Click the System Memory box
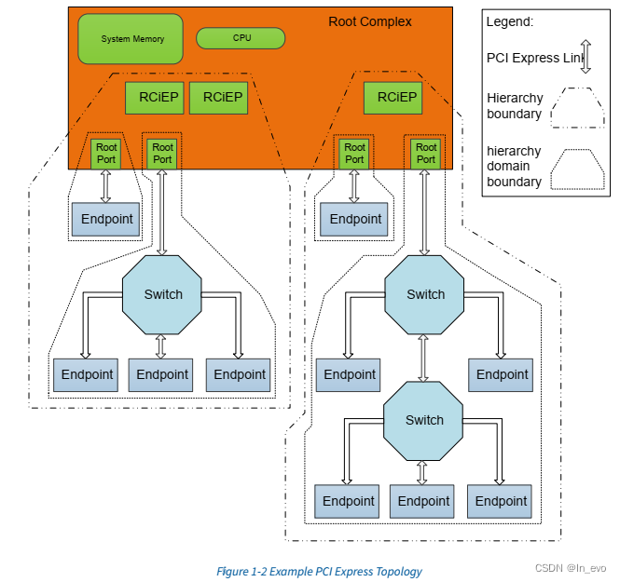point(131,39)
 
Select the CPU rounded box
point(241,38)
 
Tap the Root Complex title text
point(370,21)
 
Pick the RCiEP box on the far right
point(393,98)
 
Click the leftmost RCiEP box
point(155,98)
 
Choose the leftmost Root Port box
point(105,154)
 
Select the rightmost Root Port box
point(425,154)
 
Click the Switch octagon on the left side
point(162,294)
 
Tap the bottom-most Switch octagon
point(423,421)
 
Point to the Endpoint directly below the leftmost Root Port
point(105,220)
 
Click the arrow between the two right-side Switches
point(423,359)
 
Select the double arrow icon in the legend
point(586,57)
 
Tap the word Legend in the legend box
point(510,21)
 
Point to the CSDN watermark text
point(571,568)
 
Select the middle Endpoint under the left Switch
point(160,375)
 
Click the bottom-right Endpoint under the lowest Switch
point(500,502)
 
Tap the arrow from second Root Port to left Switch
point(161,212)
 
